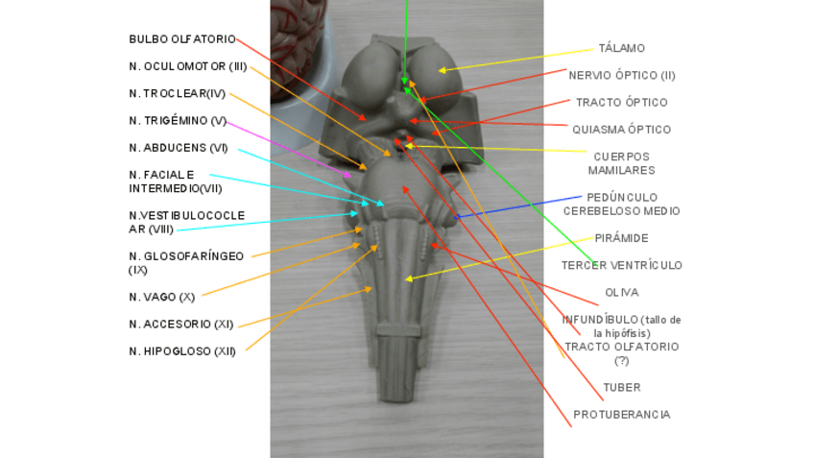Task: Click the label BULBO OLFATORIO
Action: click(181, 39)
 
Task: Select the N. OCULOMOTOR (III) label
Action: click(188, 66)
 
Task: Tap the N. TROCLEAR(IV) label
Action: click(177, 93)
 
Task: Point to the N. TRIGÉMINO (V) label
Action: click(178, 120)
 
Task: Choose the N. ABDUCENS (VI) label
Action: click(178, 147)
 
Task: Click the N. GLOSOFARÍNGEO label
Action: click(185, 256)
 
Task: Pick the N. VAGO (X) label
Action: click(161, 297)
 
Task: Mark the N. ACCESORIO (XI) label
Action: click(180, 325)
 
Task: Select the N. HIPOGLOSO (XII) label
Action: click(182, 351)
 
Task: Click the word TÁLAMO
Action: click(621, 48)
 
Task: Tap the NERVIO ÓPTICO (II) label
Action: click(621, 75)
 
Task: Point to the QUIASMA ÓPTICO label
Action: click(621, 130)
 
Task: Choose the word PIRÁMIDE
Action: click(621, 238)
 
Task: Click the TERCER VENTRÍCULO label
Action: click(621, 265)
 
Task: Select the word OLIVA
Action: click(621, 292)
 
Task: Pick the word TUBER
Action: click(621, 387)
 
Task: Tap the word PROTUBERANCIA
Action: click(621, 415)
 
